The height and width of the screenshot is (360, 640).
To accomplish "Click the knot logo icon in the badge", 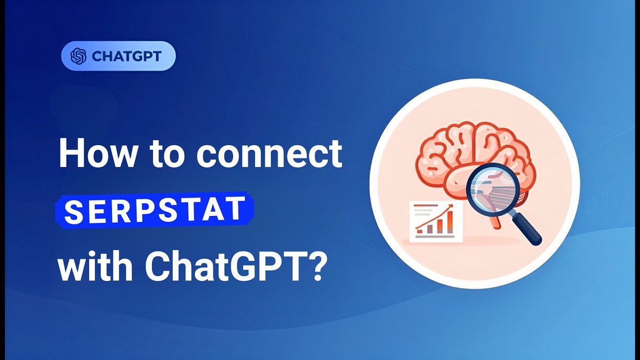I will click(78, 56).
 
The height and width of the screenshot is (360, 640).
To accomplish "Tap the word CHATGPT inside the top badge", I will click(126, 56).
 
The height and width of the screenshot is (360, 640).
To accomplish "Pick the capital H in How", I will click(70, 154).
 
